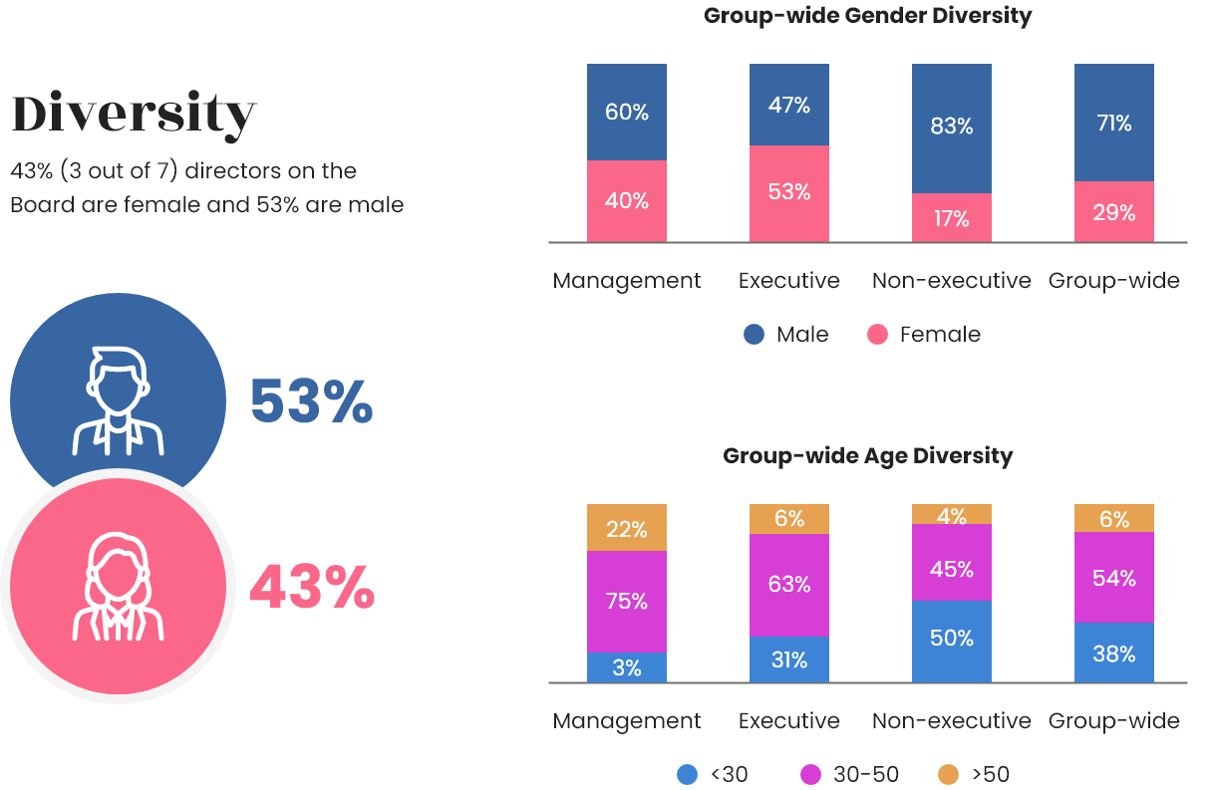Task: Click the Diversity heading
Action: (134, 116)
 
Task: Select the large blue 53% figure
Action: (311, 402)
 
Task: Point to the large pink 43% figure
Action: (311, 587)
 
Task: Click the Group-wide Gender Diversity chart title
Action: (867, 16)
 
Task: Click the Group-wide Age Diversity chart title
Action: (867, 456)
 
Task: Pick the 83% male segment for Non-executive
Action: (952, 128)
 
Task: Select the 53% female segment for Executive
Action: (789, 192)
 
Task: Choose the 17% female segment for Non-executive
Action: (952, 217)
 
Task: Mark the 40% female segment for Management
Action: (627, 200)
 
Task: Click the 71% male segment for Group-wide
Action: (1114, 123)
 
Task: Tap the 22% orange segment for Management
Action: (627, 528)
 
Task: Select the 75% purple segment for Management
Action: (627, 602)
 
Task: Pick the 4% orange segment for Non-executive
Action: (952, 514)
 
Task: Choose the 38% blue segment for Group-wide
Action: (1114, 654)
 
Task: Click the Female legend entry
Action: (924, 335)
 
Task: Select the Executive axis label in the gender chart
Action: (789, 281)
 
